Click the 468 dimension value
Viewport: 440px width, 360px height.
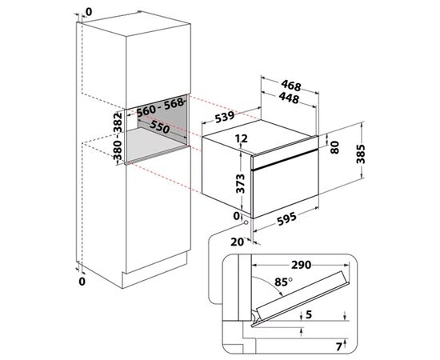point(291,85)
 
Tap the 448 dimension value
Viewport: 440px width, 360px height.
point(289,98)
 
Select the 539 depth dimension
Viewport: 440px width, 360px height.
point(225,118)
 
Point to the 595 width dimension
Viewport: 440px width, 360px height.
point(286,219)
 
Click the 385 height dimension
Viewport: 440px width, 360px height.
point(361,154)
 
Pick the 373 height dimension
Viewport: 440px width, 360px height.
point(241,184)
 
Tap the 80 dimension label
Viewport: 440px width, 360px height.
point(334,147)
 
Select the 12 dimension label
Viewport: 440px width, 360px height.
point(242,138)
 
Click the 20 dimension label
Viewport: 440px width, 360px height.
point(237,242)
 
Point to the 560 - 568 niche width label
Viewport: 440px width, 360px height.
point(160,107)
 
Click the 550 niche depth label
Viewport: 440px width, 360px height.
point(159,126)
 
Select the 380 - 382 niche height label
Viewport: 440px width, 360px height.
point(118,136)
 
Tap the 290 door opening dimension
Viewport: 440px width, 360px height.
point(302,265)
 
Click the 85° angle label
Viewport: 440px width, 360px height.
point(283,282)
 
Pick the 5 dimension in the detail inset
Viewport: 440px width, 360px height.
point(309,314)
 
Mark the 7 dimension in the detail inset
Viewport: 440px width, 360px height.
point(339,347)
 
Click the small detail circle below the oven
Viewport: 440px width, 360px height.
point(246,222)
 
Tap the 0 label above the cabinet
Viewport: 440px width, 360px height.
point(89,12)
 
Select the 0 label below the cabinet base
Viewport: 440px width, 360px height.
point(82,282)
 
